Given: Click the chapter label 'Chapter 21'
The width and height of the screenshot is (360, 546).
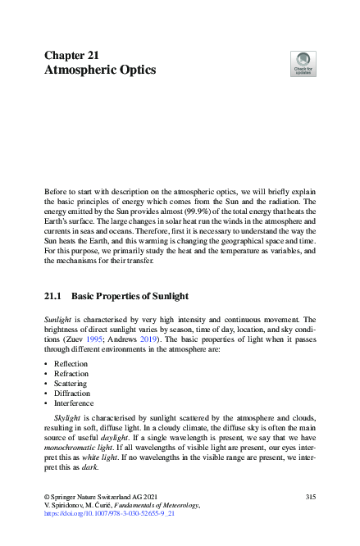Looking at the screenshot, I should (x=71, y=55).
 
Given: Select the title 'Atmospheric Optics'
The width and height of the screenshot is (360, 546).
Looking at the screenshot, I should (x=99, y=71).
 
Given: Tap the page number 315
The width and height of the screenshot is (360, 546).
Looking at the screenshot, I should (x=310, y=497).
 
